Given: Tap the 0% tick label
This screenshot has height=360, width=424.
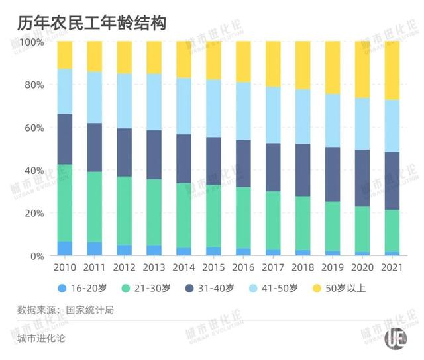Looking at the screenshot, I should point(38,256).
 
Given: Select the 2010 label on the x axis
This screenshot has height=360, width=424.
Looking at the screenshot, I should point(64,268).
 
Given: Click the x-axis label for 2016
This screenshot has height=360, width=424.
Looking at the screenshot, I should point(243,268).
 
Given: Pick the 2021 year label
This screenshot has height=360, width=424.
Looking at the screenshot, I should point(392,268).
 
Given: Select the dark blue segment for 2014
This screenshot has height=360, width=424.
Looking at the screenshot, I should point(184,158).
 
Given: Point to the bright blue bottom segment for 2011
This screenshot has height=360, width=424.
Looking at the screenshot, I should point(94,249).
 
